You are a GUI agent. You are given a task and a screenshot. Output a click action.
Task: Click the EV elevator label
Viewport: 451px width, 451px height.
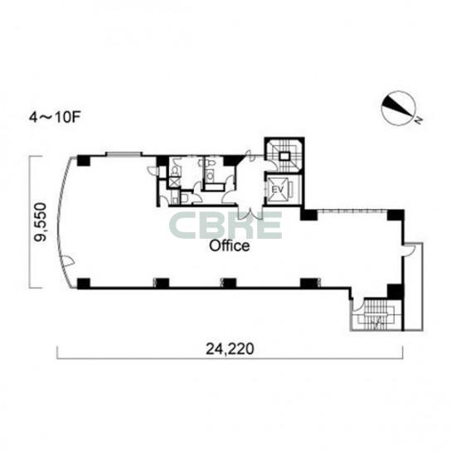(x=278, y=190)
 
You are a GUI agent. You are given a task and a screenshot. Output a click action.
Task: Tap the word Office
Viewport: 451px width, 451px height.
(x=230, y=246)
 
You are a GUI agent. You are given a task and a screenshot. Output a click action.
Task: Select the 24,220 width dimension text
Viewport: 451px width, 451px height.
(x=230, y=349)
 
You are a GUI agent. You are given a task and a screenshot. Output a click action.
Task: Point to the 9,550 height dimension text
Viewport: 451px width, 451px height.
(x=41, y=221)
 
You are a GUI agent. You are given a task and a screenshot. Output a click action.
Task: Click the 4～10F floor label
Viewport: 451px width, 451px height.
(x=54, y=118)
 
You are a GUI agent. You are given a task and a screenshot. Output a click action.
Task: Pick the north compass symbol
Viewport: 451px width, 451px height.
(x=400, y=109)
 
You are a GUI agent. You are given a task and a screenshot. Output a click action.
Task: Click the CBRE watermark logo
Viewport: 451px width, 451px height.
(x=225, y=225)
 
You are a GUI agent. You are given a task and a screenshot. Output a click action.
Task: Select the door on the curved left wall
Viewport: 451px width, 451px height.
(x=69, y=261)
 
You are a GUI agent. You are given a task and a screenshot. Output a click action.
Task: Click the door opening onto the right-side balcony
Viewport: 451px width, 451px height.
(x=409, y=250)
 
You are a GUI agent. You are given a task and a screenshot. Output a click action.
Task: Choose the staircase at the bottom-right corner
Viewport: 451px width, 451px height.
(x=376, y=315)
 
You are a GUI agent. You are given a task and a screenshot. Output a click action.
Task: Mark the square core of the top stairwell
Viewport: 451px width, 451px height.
(x=284, y=156)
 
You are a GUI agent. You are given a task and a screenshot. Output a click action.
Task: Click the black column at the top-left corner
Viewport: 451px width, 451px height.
(x=84, y=161)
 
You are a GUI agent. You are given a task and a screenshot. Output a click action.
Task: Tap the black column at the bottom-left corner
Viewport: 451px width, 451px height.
(x=84, y=284)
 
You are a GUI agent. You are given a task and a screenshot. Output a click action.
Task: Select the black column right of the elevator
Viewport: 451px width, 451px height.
(x=309, y=215)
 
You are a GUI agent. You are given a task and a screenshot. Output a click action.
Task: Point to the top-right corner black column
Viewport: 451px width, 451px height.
(x=395, y=216)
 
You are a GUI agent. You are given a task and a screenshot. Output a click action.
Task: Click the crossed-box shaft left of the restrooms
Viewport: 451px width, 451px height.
(x=173, y=182)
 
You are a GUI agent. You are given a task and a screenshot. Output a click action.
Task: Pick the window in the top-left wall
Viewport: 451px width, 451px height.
(x=124, y=154)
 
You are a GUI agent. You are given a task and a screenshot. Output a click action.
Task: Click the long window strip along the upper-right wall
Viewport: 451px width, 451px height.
(x=352, y=211)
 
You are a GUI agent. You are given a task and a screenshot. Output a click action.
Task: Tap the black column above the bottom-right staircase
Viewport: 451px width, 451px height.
(x=395, y=291)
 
